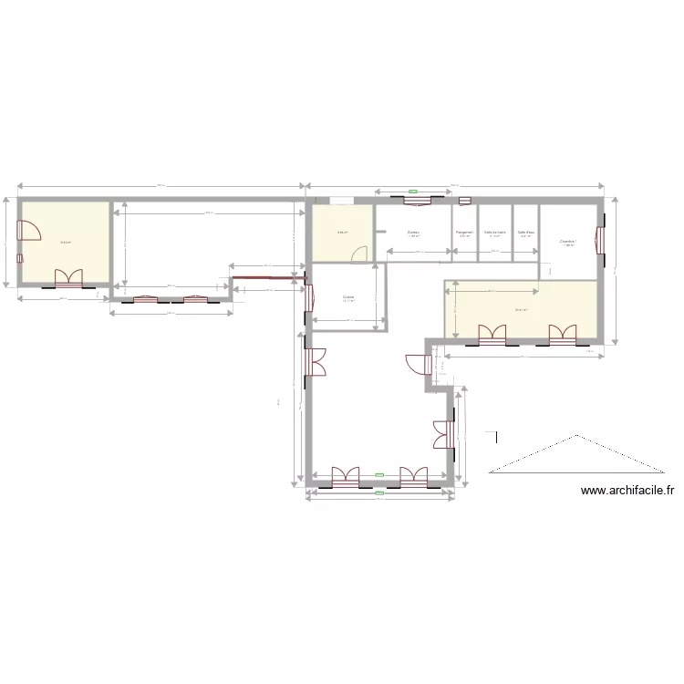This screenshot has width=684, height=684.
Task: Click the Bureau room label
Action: [413, 233]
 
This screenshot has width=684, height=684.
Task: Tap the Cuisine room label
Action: [348, 297]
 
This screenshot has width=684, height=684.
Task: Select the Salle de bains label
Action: [495, 233]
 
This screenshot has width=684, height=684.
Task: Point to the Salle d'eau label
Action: [525, 233]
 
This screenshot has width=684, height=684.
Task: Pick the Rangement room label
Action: [465, 233]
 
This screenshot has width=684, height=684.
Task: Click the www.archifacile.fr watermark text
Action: [627, 491]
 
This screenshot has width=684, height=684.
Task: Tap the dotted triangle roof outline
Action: [575, 456]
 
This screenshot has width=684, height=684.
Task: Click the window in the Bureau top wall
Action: [413, 199]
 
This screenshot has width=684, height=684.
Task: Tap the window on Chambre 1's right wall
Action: [599, 242]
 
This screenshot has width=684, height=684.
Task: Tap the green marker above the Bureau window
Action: [413, 192]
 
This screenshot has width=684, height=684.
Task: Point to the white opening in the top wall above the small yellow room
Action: [342, 201]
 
